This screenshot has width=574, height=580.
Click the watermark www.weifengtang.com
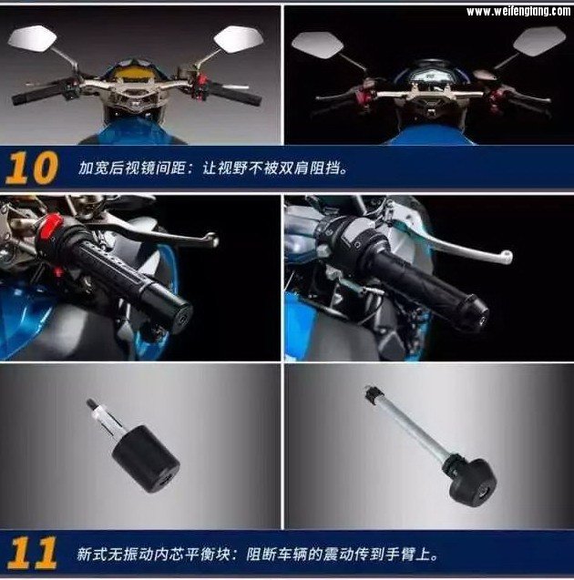(x=518, y=12)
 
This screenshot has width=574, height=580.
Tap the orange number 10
(x=32, y=168)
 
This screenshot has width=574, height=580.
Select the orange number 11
(x=32, y=553)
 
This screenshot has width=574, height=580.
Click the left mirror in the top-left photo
(x=32, y=37)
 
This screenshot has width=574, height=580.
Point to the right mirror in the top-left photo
(x=239, y=39)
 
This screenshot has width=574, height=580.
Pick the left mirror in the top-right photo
(x=317, y=45)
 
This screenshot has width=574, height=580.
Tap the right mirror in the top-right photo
(x=539, y=41)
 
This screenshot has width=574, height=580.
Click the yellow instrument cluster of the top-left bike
(x=132, y=73)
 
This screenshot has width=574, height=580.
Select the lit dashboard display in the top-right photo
(x=431, y=76)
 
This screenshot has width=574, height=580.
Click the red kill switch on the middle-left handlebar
(x=47, y=226)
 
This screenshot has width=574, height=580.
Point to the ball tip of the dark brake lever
(x=212, y=239)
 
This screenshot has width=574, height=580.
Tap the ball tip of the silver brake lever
(x=506, y=257)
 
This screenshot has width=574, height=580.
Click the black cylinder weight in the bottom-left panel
(x=146, y=459)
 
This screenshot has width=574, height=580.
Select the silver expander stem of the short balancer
(x=105, y=419)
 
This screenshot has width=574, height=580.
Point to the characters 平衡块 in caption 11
(x=208, y=554)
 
